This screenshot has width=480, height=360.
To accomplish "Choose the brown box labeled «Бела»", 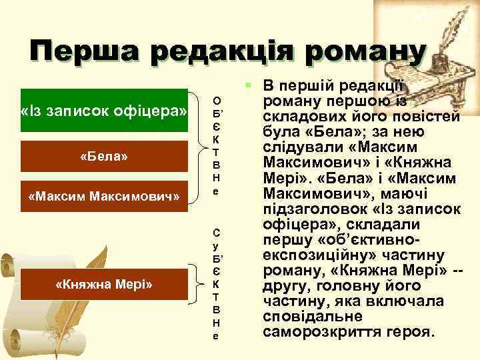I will click(x=104, y=157).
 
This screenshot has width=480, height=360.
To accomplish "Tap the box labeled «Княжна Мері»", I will click(x=104, y=285).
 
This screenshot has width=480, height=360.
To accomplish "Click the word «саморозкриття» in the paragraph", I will click(x=317, y=331).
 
